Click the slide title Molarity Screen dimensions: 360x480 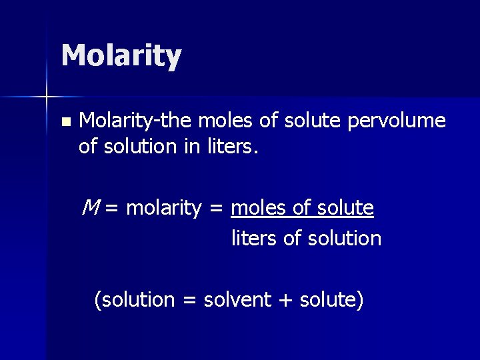(121, 56)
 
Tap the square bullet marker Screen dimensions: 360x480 (65, 122)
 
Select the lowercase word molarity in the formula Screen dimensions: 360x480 (163, 208)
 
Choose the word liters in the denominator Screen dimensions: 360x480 (254, 238)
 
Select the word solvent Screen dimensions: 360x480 (237, 299)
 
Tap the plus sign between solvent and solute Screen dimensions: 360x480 (285, 300)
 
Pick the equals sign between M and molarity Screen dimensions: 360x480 (112, 209)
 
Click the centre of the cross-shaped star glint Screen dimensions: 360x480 (47, 97)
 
